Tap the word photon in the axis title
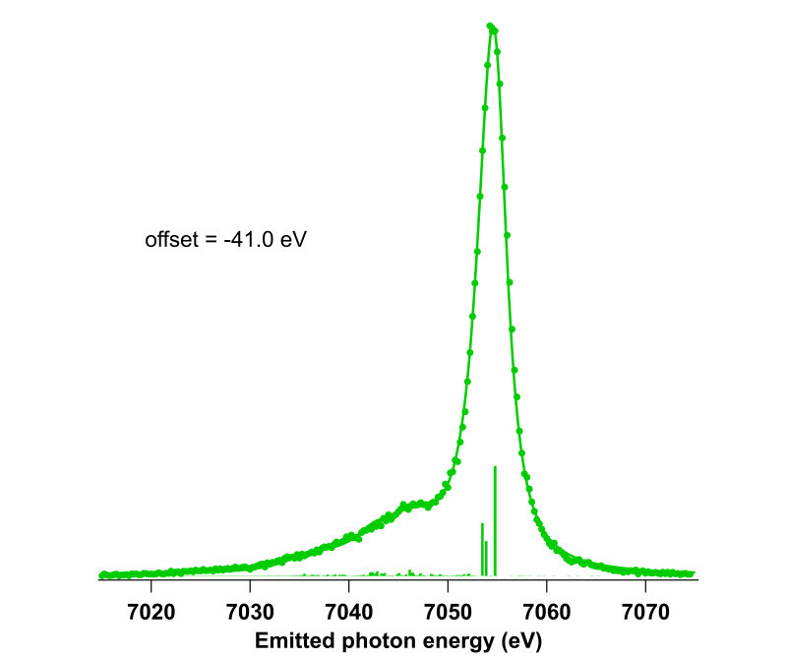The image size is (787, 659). (x=373, y=641)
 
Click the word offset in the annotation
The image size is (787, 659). (x=169, y=239)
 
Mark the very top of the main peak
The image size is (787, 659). (x=490, y=26)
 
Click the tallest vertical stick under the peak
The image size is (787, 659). (x=495, y=521)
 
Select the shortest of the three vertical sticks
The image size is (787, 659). (x=486, y=559)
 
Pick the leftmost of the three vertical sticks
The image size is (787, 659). (x=482, y=549)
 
